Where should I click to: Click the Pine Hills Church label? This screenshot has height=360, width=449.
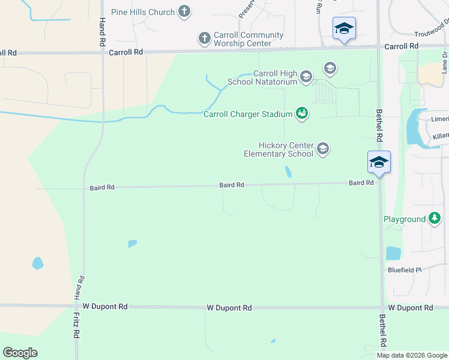pyautogui.click(x=143, y=12)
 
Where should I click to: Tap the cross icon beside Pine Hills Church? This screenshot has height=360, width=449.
pyautogui.click(x=184, y=11)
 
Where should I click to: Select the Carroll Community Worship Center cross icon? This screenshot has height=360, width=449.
pyautogui.click(x=204, y=39)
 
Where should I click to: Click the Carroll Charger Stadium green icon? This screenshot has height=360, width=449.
pyautogui.click(x=302, y=113)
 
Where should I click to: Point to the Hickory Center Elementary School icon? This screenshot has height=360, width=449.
pyautogui.click(x=323, y=149)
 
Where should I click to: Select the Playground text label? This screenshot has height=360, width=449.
pyautogui.click(x=405, y=220)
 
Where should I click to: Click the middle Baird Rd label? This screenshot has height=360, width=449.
pyautogui.click(x=231, y=185)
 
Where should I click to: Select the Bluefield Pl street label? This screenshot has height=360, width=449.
pyautogui.click(x=405, y=270)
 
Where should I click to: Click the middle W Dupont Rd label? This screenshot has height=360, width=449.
pyautogui.click(x=229, y=308)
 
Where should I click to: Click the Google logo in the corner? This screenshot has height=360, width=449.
pyautogui.click(x=20, y=353)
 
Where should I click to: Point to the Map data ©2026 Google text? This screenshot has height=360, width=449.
pyautogui.click(x=412, y=355)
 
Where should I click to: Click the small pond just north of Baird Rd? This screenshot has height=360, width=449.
pyautogui.click(x=289, y=172)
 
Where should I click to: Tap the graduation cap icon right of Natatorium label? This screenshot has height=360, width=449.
pyautogui.click(x=329, y=68)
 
